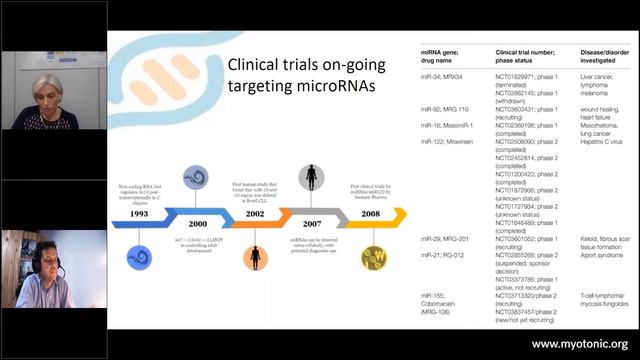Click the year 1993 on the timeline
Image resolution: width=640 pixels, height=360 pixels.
139,213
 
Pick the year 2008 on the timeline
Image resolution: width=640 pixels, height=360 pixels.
371,213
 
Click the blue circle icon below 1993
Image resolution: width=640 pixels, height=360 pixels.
139,257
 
